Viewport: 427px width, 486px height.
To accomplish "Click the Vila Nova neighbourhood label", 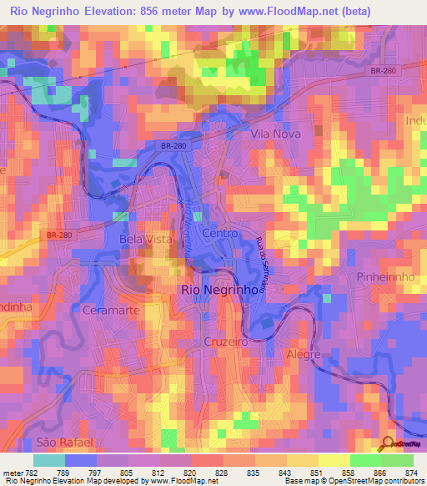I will pyautogui.click(x=276, y=133).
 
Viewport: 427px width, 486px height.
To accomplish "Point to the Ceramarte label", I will pyautogui.click(x=111, y=310).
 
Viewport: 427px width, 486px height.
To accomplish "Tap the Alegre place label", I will pyautogui.click(x=304, y=355).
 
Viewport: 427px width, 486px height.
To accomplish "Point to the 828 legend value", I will pyautogui.click(x=222, y=472).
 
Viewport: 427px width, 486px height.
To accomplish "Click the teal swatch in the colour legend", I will pyautogui.click(x=48, y=460).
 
